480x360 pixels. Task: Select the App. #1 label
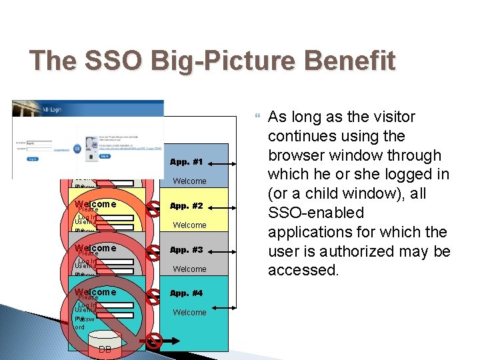pos(187,162)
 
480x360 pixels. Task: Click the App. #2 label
pos(187,206)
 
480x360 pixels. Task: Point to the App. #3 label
pos(187,250)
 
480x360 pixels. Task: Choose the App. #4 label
pos(187,293)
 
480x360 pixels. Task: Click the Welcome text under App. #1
pos(190,181)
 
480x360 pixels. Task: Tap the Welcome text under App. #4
pos(190,313)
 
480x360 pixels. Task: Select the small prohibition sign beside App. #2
pos(153,206)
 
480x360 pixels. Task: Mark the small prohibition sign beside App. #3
pos(153,250)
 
